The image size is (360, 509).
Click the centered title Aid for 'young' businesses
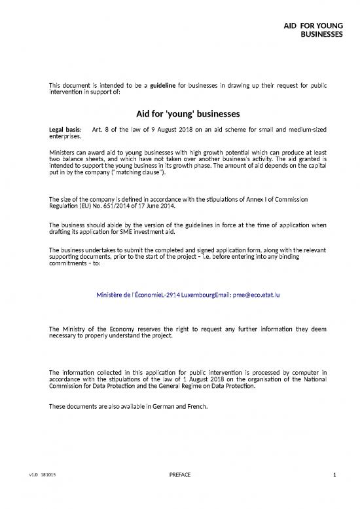[180, 112]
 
